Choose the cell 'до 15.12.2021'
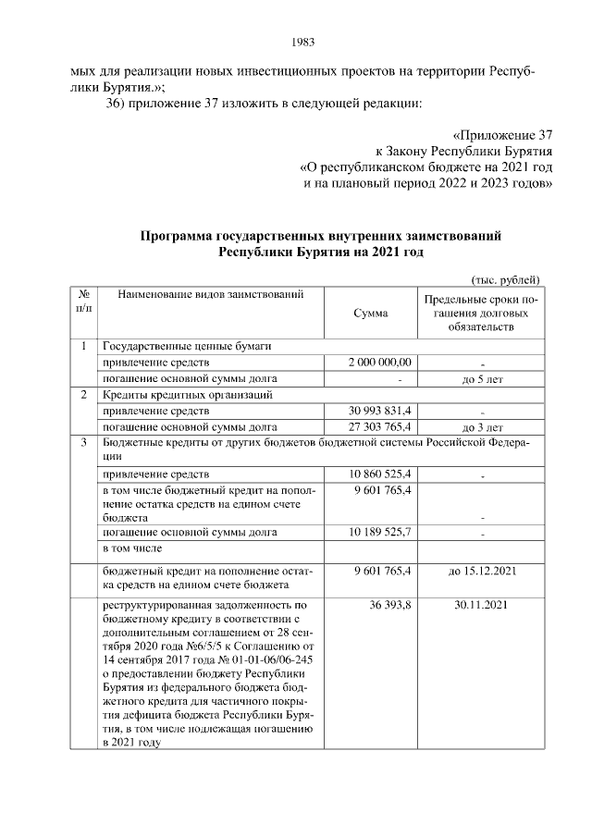pos(481,572)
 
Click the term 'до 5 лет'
pos(481,378)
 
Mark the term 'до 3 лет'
pos(481,427)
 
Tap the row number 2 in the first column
pos(83,395)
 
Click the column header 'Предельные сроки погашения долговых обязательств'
pos(481,314)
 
